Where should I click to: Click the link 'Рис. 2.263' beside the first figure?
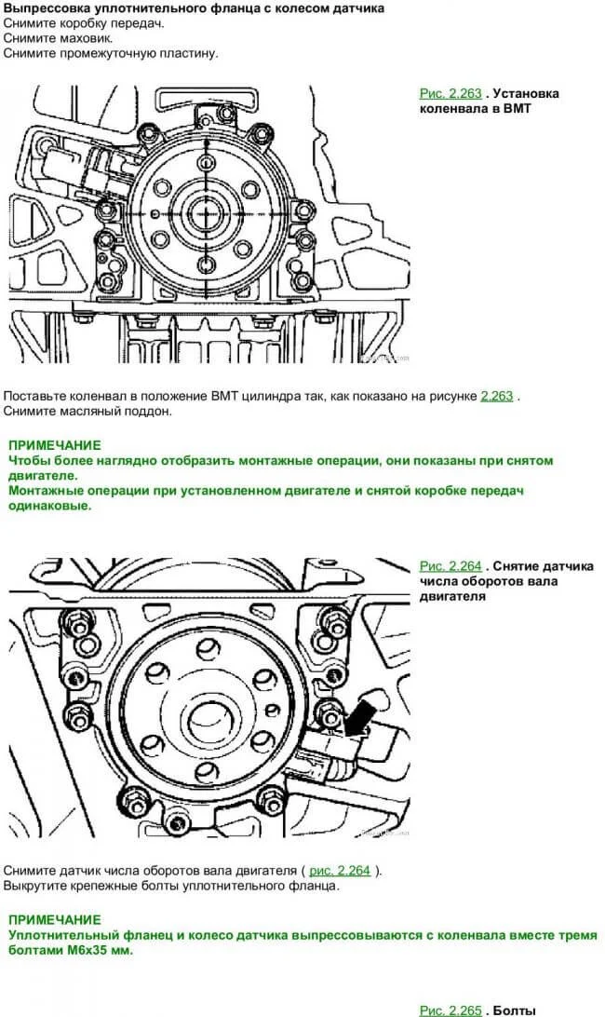click(450, 93)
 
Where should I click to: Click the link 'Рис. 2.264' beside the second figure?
click(450, 565)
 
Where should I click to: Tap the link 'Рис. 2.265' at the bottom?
click(450, 1010)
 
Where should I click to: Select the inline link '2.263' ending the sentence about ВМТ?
click(496, 396)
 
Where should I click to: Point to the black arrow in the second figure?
click(359, 718)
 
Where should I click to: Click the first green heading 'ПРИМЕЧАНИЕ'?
click(54, 446)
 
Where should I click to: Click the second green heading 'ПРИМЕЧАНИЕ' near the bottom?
click(54, 918)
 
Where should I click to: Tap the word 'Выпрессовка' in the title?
click(44, 8)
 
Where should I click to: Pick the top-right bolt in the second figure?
click(328, 617)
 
